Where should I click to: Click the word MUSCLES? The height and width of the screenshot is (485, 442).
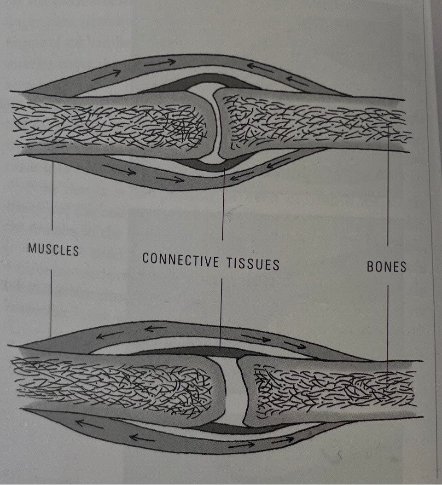(x=53, y=249)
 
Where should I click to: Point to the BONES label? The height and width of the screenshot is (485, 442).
(x=387, y=266)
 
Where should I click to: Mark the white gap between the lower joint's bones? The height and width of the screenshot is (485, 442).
(x=233, y=391)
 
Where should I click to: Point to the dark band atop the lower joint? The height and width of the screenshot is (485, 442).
(x=221, y=352)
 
